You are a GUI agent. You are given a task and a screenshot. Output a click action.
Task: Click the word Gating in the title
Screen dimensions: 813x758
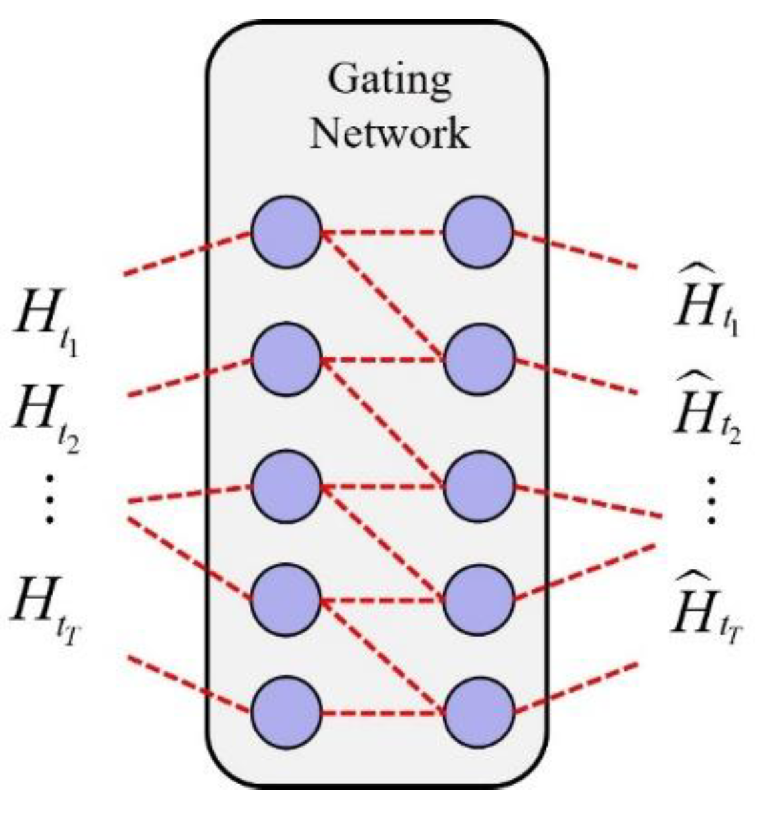pyautogui.click(x=389, y=82)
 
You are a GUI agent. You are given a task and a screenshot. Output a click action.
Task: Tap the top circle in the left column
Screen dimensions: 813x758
pyautogui.click(x=286, y=232)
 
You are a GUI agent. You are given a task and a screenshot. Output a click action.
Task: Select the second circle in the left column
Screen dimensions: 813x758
pyautogui.click(x=286, y=359)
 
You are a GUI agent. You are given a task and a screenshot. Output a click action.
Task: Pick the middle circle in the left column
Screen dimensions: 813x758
pyautogui.click(x=286, y=486)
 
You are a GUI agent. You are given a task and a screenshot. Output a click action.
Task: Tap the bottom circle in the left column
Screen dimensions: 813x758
pyautogui.click(x=286, y=713)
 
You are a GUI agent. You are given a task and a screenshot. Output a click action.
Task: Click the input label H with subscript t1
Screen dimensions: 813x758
pyautogui.click(x=47, y=323)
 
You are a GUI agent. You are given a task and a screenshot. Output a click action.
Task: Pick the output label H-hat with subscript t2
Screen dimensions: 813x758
pyautogui.click(x=705, y=409)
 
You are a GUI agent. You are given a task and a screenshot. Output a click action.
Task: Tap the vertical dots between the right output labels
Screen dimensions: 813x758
pyautogui.click(x=711, y=500)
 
